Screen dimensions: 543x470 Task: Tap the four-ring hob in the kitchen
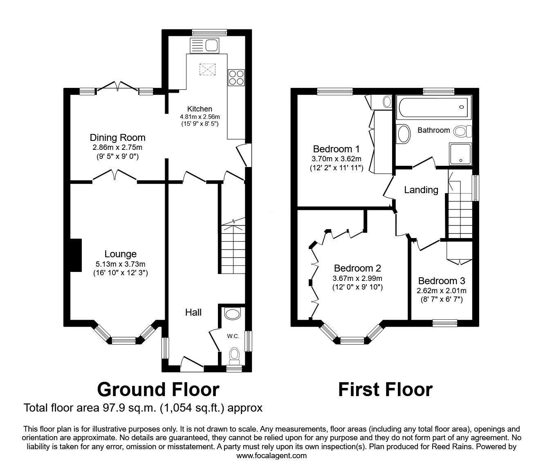[x=236, y=78]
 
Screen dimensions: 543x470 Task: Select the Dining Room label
[x=117, y=138]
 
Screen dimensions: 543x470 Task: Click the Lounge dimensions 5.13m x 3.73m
[x=121, y=264]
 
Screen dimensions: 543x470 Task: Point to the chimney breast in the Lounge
[x=76, y=255]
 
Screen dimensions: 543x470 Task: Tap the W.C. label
[x=233, y=336]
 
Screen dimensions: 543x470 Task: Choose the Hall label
[x=193, y=312]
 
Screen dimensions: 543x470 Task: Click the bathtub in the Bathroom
[x=433, y=107]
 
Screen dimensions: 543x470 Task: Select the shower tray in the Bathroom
[x=460, y=154]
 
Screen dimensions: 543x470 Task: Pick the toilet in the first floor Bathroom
[x=463, y=131]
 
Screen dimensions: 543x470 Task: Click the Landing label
[x=421, y=190]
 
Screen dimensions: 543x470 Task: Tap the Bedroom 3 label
[x=442, y=281]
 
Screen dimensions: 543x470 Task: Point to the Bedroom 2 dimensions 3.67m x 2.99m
[x=357, y=278]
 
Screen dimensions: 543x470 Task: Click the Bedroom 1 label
[x=336, y=149]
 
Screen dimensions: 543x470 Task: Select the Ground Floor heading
[x=158, y=390]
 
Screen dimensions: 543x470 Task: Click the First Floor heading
[x=386, y=390]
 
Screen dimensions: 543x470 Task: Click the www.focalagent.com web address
[x=271, y=456]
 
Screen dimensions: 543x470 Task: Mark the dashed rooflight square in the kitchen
[x=207, y=69]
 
